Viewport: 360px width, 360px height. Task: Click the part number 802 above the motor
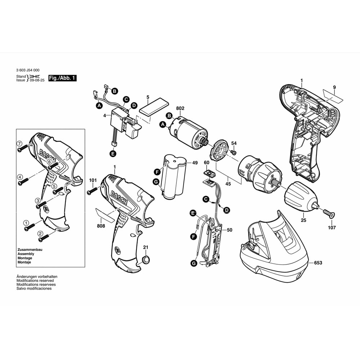pos(180,108)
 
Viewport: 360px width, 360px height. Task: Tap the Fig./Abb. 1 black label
pos(63,78)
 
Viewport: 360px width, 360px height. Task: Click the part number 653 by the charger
pos(318,263)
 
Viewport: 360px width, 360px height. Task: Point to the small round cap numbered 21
pos(146,259)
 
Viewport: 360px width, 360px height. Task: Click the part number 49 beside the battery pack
pos(195,163)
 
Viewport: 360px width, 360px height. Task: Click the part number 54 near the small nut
pos(234,143)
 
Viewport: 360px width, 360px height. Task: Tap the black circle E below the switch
pos(113,154)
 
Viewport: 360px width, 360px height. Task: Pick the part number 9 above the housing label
pos(334,87)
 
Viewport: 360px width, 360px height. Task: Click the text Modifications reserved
pos(35,280)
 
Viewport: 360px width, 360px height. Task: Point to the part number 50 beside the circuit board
pos(230,230)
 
